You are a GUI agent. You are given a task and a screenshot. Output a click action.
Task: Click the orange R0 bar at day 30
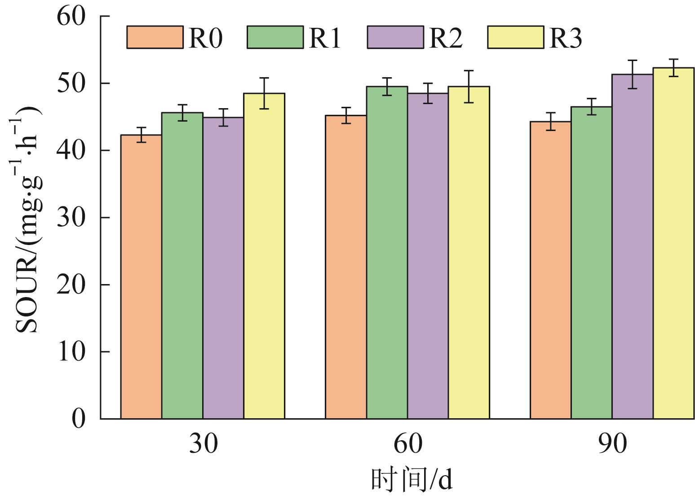pyautogui.click(x=141, y=277)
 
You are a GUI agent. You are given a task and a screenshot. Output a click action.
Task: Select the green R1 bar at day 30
pyautogui.click(x=182, y=266)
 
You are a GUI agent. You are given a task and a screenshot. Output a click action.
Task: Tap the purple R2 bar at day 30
pyautogui.click(x=223, y=268)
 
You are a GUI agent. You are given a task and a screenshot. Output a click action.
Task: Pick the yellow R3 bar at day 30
pyautogui.click(x=264, y=256)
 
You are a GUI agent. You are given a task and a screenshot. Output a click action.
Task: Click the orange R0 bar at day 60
pyautogui.click(x=346, y=267)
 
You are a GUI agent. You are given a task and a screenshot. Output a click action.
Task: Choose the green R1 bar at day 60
pyautogui.click(x=387, y=253)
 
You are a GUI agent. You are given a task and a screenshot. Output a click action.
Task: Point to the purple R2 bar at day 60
pyautogui.click(x=428, y=256)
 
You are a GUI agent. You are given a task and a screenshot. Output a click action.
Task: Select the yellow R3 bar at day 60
pyautogui.click(x=469, y=253)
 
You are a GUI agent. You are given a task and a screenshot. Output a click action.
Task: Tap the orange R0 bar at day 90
pyautogui.click(x=551, y=270)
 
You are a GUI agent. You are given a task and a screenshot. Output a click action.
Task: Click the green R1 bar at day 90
pyautogui.click(x=592, y=263)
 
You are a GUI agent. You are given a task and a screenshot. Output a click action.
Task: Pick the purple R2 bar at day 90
pyautogui.click(x=633, y=246)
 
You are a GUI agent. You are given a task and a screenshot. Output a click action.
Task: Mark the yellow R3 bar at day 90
pyautogui.click(x=673, y=243)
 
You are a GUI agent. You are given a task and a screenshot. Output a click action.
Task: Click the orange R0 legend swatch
pyautogui.click(x=155, y=37)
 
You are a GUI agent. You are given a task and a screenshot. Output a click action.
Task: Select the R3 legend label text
pyautogui.click(x=566, y=38)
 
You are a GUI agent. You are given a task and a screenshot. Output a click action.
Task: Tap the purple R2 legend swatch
pyautogui.click(x=396, y=37)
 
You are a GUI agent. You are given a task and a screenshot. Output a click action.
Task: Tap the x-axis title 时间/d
pyautogui.click(x=412, y=480)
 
